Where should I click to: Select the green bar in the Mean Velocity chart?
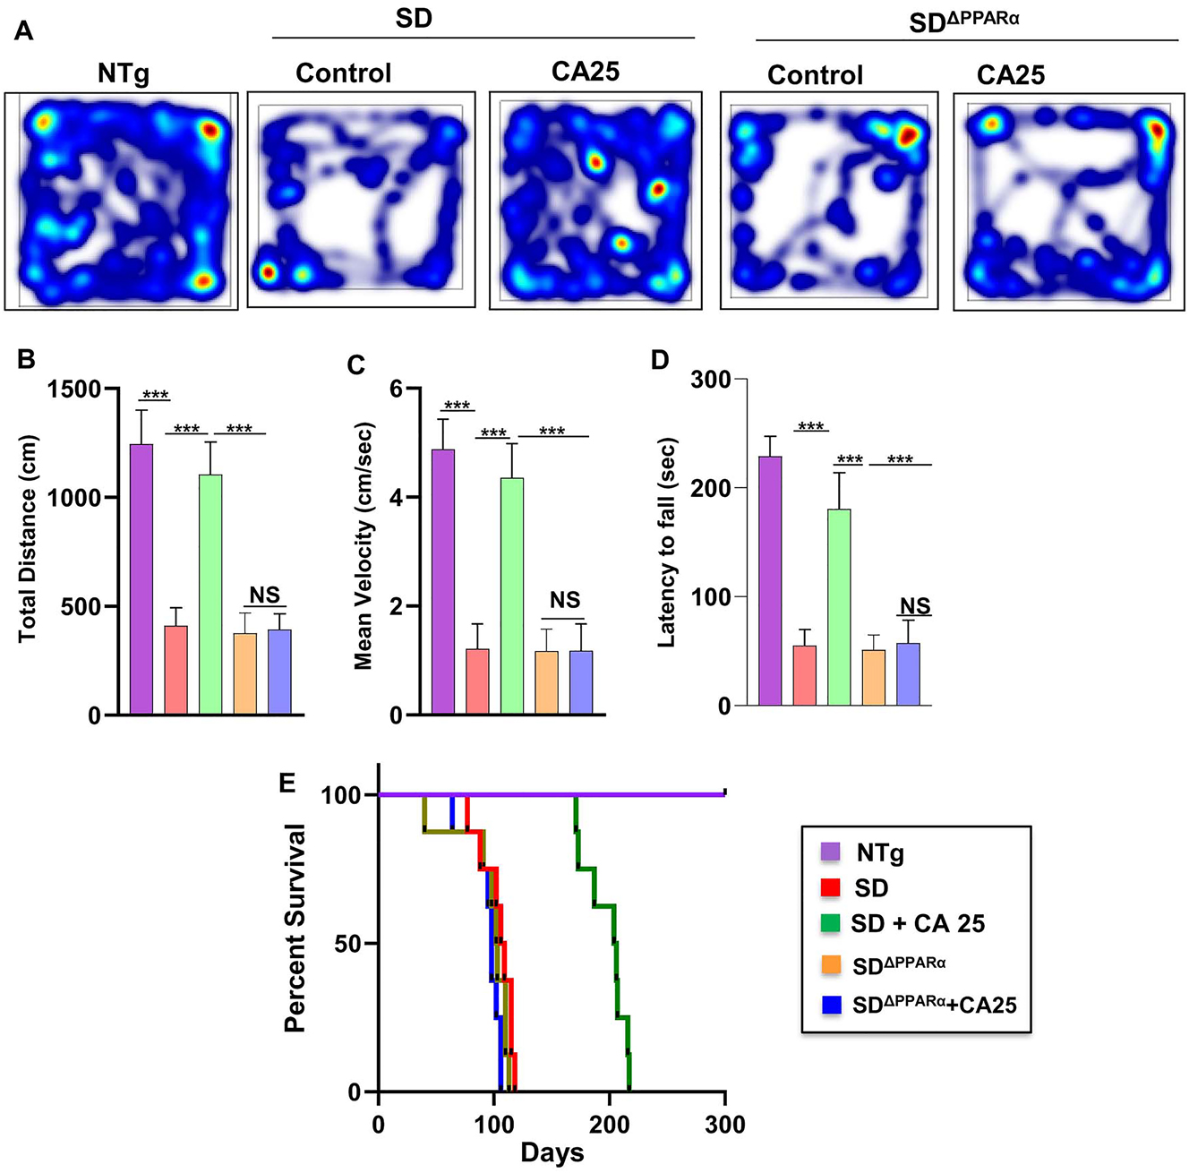point(512,595)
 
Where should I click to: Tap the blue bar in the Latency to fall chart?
point(908,674)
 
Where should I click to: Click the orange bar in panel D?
point(874,677)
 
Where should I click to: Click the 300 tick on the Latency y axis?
point(711,380)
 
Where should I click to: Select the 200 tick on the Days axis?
point(610,1123)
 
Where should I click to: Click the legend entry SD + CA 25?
point(917,923)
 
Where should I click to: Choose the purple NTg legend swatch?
point(831,852)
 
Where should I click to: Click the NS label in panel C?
point(565,600)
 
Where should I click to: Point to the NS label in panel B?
point(264,595)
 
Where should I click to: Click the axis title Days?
point(552,1153)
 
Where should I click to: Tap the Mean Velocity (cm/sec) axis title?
point(363,546)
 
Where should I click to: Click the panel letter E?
point(287,783)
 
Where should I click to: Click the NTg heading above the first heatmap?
point(124,73)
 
